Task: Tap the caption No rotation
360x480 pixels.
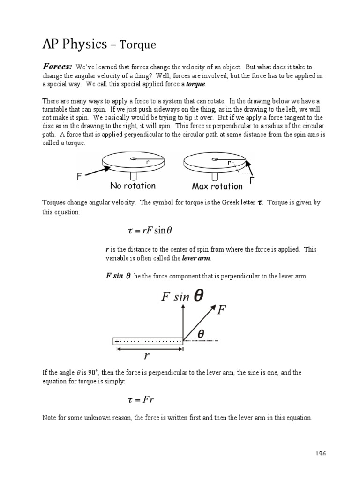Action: (x=133, y=186)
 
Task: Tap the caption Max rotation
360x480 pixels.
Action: (x=217, y=187)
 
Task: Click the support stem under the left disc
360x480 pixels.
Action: (x=134, y=177)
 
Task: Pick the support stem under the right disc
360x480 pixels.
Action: (x=215, y=177)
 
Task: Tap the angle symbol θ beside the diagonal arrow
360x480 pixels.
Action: (x=201, y=333)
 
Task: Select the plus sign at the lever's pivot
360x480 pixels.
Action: (x=117, y=342)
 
